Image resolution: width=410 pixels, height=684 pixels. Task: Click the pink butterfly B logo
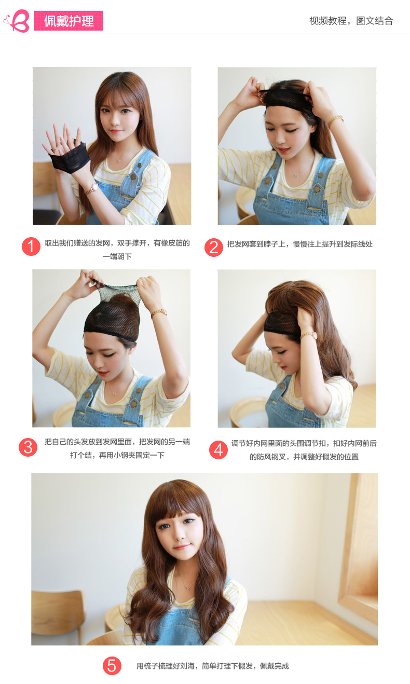[x=17, y=20]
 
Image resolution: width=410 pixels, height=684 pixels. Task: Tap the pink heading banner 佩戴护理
[x=69, y=21]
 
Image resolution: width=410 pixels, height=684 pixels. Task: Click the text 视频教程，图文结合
[x=351, y=21]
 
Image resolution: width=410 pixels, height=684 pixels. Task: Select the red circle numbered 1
[x=31, y=247]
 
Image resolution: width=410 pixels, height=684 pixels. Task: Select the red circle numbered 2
[x=214, y=248]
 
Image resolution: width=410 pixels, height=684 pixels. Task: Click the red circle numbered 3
[x=28, y=447]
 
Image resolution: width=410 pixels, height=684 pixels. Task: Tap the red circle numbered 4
[x=218, y=450]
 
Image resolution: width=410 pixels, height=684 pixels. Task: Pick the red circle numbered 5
[x=112, y=666]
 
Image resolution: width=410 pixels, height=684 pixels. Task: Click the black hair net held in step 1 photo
[x=70, y=157]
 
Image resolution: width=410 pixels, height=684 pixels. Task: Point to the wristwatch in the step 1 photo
[x=92, y=188]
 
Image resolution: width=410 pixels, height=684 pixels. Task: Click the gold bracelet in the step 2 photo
[x=336, y=120]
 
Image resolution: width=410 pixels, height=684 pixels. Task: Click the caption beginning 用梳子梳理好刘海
[x=212, y=666]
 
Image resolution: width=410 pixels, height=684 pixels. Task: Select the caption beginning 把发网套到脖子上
[x=300, y=244]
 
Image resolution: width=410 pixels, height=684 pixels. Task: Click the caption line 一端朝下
[x=117, y=256]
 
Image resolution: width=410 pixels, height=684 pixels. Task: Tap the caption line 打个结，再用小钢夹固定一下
[x=117, y=455]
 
